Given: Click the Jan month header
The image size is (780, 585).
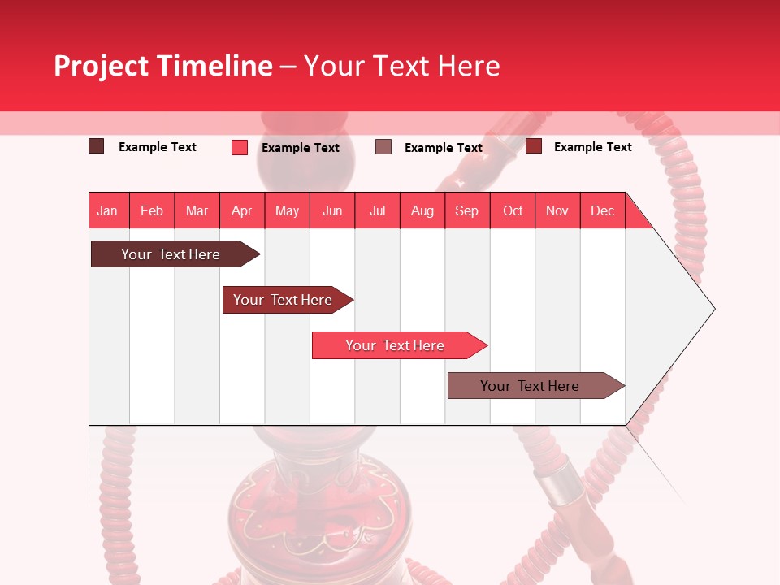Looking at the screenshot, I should coord(107,210).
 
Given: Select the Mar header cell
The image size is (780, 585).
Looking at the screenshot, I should coord(197,210).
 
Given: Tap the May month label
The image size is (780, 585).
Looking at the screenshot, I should coord(287,210).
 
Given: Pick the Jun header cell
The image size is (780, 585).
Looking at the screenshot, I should coord(332,210).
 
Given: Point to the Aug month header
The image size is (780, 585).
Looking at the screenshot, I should coord(422,210).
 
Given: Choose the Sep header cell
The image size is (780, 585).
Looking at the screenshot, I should coord(466,210).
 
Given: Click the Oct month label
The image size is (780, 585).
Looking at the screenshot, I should coord(513,210).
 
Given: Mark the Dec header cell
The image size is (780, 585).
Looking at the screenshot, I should coord(602,210).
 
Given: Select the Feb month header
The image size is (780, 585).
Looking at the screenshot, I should coord(152,210).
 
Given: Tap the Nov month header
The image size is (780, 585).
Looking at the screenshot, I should coord(557,210).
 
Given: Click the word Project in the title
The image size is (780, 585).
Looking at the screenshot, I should coord(102,66).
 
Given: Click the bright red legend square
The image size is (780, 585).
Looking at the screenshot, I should coord(240,147).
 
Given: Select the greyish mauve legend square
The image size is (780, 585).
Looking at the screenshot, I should coord(383,147).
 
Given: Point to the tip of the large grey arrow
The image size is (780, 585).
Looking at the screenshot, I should coord(713,309).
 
